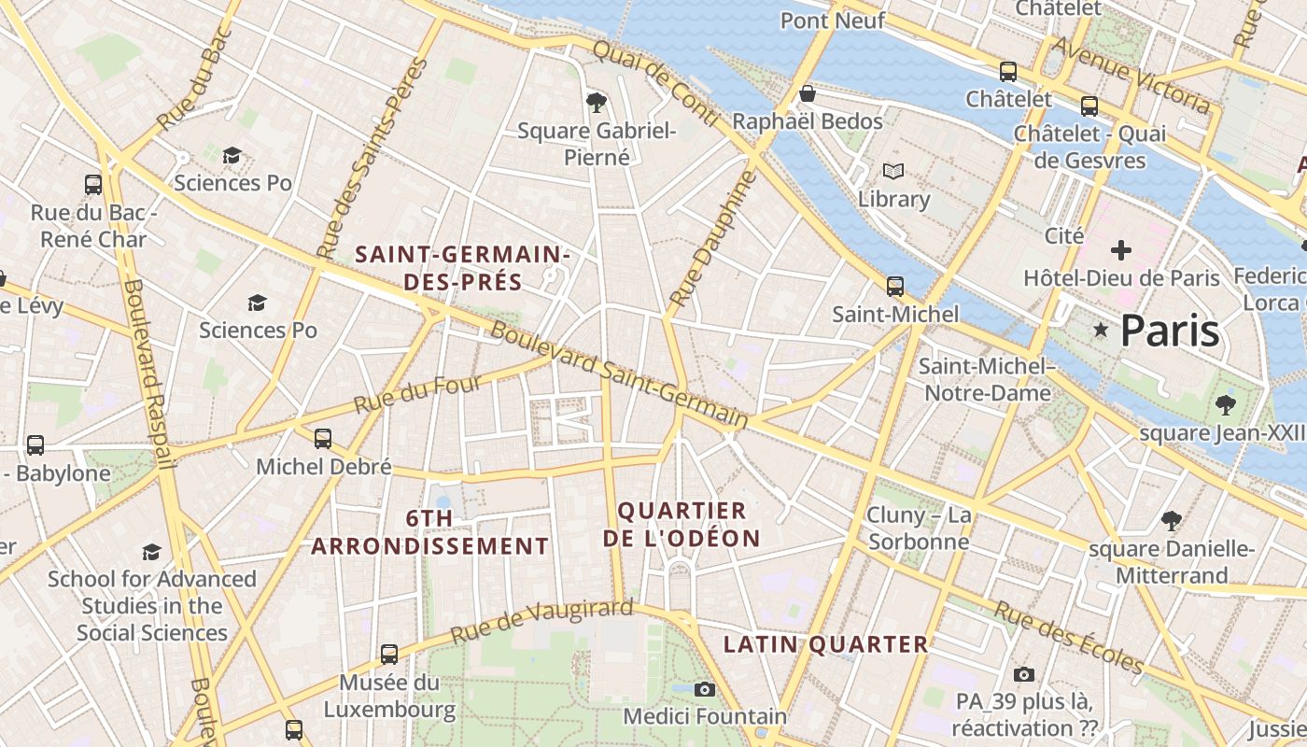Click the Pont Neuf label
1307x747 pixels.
click(x=833, y=20)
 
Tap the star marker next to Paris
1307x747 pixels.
click(x=1102, y=330)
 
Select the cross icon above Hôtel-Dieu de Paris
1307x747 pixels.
click(x=1121, y=250)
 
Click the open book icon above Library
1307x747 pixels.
click(x=893, y=172)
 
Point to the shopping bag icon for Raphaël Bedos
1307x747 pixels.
click(x=808, y=94)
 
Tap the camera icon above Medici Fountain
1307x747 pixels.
click(x=705, y=689)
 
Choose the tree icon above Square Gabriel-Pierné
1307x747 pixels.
click(x=596, y=102)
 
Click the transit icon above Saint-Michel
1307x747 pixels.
click(x=895, y=286)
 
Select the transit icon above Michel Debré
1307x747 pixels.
click(x=323, y=438)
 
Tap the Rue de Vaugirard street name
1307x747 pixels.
click(x=541, y=622)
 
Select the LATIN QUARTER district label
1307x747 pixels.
click(x=826, y=644)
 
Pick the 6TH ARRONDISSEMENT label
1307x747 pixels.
click(x=429, y=532)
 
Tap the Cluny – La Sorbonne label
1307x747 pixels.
click(x=919, y=529)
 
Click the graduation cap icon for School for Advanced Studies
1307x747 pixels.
click(x=151, y=552)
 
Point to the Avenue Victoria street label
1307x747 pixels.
click(x=1131, y=76)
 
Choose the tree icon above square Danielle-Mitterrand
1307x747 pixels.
click(x=1172, y=521)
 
